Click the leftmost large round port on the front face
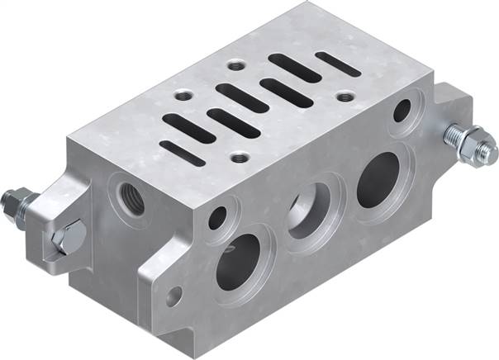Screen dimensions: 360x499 click(238, 263)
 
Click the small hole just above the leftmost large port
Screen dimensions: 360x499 click(217, 219)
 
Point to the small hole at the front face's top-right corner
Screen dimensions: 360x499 click(404, 109)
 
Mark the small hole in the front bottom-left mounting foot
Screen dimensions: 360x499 click(173, 293)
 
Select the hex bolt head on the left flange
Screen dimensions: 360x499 click(65, 237)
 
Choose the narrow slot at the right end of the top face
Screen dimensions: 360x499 click(338, 63)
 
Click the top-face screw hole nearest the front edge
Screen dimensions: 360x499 click(240, 156)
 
